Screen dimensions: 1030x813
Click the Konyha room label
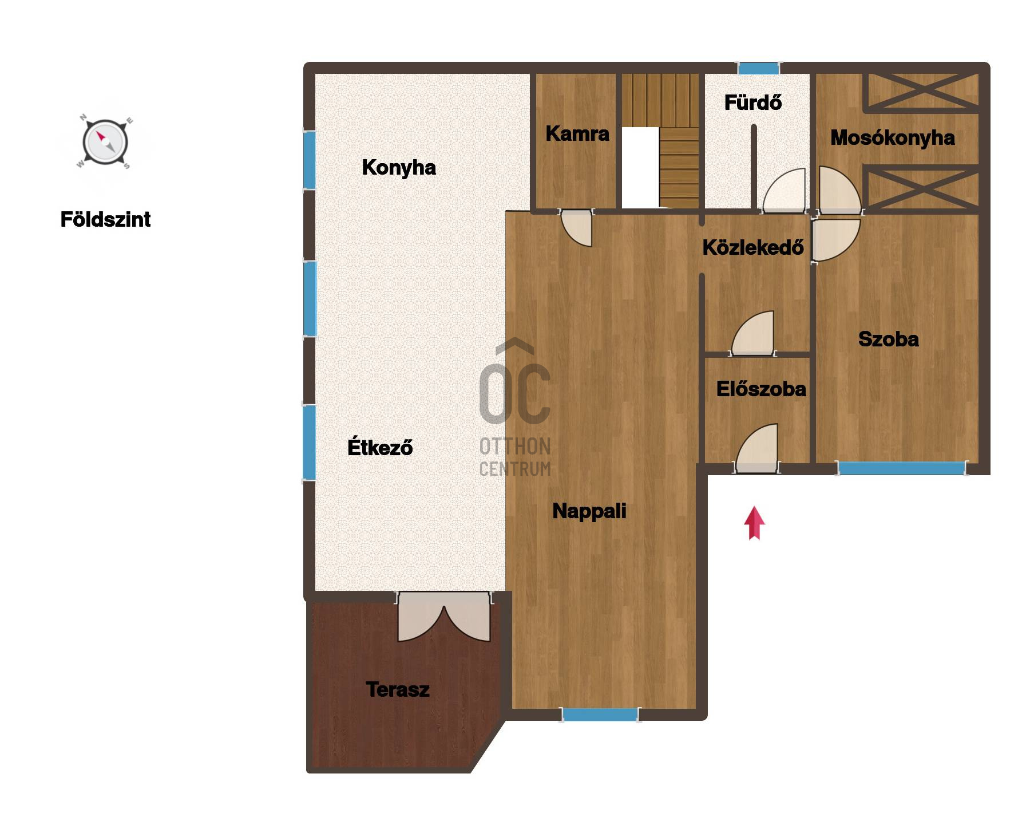[x=399, y=168]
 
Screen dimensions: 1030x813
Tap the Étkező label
[x=380, y=447]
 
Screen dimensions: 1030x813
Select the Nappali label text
[x=589, y=511]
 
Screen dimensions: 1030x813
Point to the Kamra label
[x=577, y=133]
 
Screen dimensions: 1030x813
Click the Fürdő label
[x=753, y=102]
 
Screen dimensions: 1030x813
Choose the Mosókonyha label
[x=893, y=137]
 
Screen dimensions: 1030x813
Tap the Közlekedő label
[x=753, y=247]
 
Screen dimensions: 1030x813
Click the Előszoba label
[x=761, y=389]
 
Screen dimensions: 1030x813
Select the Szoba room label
[x=889, y=339]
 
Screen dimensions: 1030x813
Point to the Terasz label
[x=398, y=689]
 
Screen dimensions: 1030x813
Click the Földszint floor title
[x=105, y=219]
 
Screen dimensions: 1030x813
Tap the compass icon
[x=105, y=143]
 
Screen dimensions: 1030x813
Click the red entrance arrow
[x=754, y=523]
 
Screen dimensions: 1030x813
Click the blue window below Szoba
[x=901, y=468]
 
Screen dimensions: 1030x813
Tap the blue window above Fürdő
[x=759, y=69]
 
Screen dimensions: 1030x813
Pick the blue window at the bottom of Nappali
[x=600, y=715]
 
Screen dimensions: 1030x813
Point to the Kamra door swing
[x=576, y=228]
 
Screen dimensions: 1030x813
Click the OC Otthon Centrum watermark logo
[x=515, y=407]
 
